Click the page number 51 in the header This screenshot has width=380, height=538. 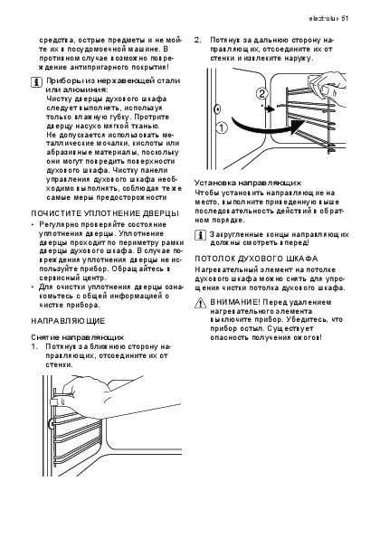345,18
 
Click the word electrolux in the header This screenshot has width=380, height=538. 323,18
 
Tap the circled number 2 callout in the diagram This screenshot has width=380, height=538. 261,94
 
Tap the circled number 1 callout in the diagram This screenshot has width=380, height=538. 222,128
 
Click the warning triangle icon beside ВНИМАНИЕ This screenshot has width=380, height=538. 201,303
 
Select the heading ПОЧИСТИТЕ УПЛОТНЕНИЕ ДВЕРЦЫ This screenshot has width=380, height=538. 105,213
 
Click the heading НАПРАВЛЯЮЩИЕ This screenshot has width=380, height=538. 68,321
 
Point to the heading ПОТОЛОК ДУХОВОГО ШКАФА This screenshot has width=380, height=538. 256,259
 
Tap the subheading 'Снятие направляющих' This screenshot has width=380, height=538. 78,337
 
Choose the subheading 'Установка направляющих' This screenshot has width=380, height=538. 248,183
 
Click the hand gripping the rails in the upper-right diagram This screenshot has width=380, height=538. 327,83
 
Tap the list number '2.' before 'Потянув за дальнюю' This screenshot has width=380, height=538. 198,40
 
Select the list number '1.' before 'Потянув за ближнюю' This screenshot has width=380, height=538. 34,346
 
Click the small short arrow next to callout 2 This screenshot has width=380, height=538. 270,109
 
